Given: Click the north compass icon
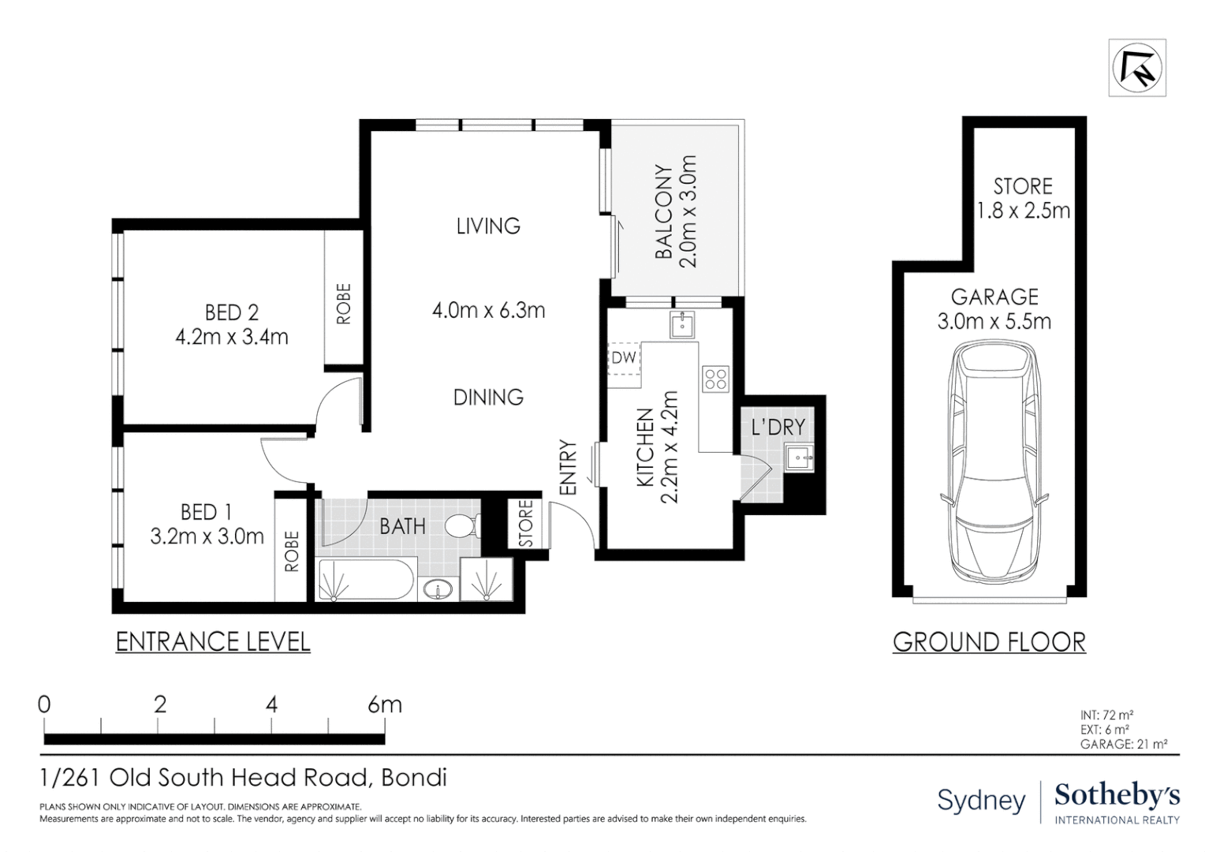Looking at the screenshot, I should (1136, 68).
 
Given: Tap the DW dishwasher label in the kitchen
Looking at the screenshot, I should (623, 357).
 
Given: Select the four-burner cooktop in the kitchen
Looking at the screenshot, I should (716, 379).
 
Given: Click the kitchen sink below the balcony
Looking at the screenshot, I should (681, 323).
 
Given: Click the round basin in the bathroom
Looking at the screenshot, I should (437, 589).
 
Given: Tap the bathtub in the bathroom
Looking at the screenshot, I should (366, 581).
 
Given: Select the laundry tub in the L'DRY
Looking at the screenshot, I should (799, 457).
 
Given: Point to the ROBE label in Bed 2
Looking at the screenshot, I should (343, 304).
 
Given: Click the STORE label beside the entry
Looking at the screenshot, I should (526, 523).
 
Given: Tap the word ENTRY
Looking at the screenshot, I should (569, 468).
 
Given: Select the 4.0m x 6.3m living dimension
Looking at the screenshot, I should (488, 310).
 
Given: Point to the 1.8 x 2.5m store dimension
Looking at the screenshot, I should (1023, 211).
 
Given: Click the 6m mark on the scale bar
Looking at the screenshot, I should (385, 704).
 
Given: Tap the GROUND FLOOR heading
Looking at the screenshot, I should (989, 642).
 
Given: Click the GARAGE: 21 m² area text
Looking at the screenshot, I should (1123, 743).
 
